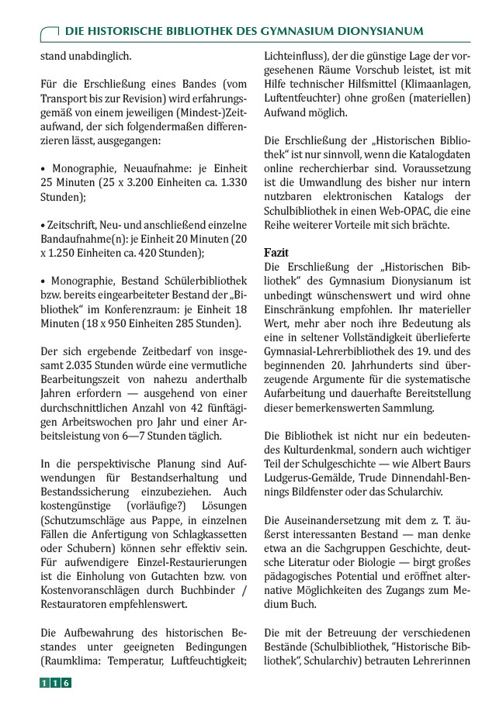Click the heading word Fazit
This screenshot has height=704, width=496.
(x=277, y=253)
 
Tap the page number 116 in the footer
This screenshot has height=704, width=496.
(x=56, y=683)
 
